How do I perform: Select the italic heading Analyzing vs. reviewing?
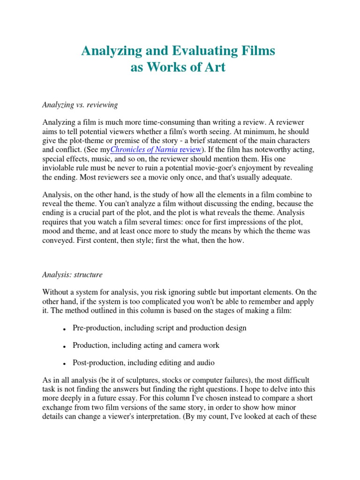80,105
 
